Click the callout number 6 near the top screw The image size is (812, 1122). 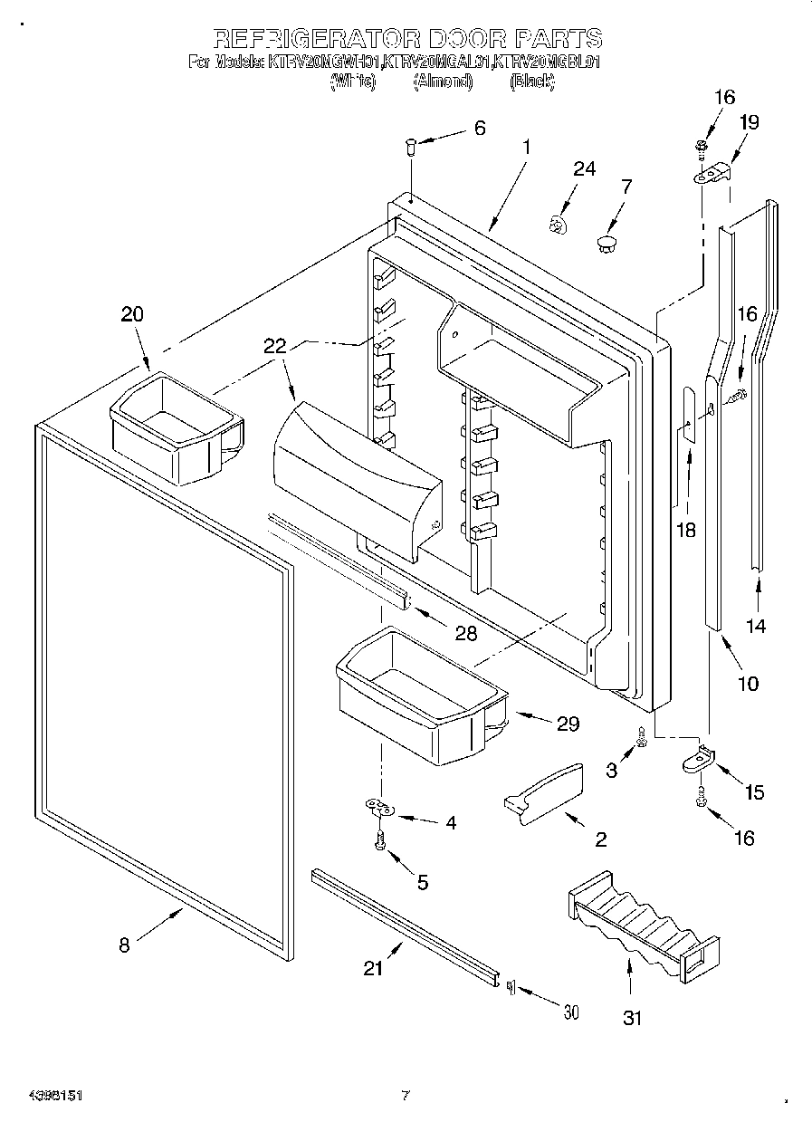479,128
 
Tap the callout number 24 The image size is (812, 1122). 585,168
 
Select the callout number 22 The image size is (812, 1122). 274,345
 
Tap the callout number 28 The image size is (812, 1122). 465,633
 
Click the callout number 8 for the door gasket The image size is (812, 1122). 124,945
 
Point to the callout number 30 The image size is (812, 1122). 569,1012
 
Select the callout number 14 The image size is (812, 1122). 756,625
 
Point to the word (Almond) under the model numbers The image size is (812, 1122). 443,82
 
